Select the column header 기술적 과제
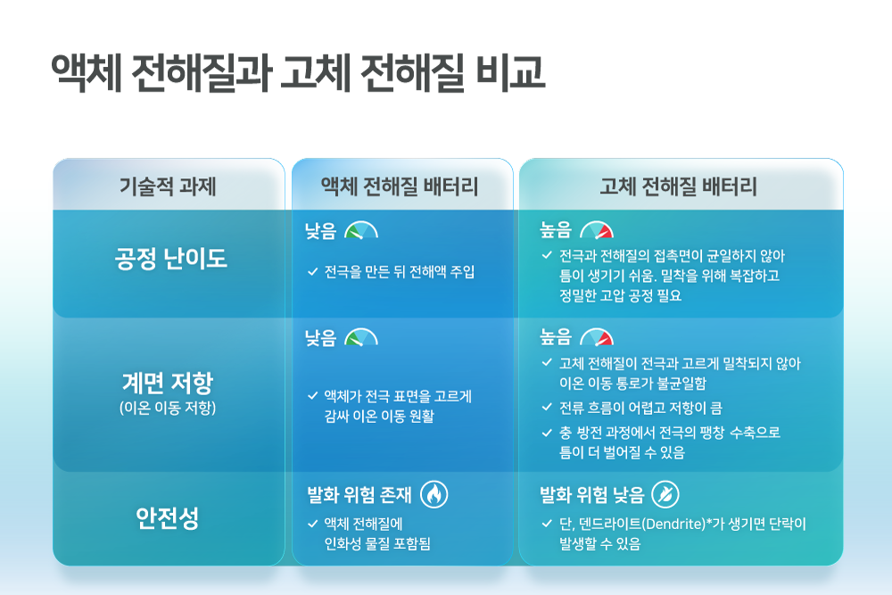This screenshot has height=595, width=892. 168,186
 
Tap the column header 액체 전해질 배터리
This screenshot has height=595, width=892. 400,186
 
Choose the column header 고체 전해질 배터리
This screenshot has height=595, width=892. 678,186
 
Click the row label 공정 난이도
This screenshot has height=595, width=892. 170,259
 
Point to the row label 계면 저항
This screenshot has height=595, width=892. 168,383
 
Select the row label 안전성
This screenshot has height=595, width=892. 168,518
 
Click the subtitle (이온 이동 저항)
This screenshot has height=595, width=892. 168,408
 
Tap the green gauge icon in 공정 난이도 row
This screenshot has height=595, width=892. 361,230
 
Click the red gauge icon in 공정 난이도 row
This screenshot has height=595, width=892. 597,230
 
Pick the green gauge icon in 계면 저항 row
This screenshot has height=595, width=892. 361,337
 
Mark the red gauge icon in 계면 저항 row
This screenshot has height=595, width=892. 597,337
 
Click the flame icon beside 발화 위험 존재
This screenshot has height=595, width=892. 434,494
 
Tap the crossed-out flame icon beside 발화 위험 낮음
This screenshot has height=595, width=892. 665,494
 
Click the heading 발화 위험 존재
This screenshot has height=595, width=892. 359,495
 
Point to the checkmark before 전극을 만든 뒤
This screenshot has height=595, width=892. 312,272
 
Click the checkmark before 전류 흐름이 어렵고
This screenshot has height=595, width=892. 548,408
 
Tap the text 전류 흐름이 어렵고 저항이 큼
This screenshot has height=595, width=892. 640,408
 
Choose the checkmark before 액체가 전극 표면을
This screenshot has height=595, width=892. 312,396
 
